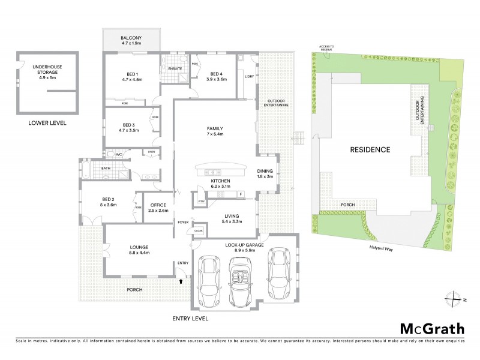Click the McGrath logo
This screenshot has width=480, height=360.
click(432, 328)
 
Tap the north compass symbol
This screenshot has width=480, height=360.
click(455, 298)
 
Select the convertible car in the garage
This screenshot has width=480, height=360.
click(241, 277)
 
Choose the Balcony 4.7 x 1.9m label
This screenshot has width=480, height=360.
click(130, 40)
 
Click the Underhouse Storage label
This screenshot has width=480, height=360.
click(47, 72)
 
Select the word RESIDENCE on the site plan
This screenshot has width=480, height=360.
click(370, 149)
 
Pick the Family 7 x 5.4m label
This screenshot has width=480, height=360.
click(214, 131)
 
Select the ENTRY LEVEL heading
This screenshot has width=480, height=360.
click(190, 319)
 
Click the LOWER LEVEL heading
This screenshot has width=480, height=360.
click(47, 123)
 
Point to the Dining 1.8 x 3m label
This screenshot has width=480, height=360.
click(265, 173)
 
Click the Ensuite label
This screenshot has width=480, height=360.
click(175, 68)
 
